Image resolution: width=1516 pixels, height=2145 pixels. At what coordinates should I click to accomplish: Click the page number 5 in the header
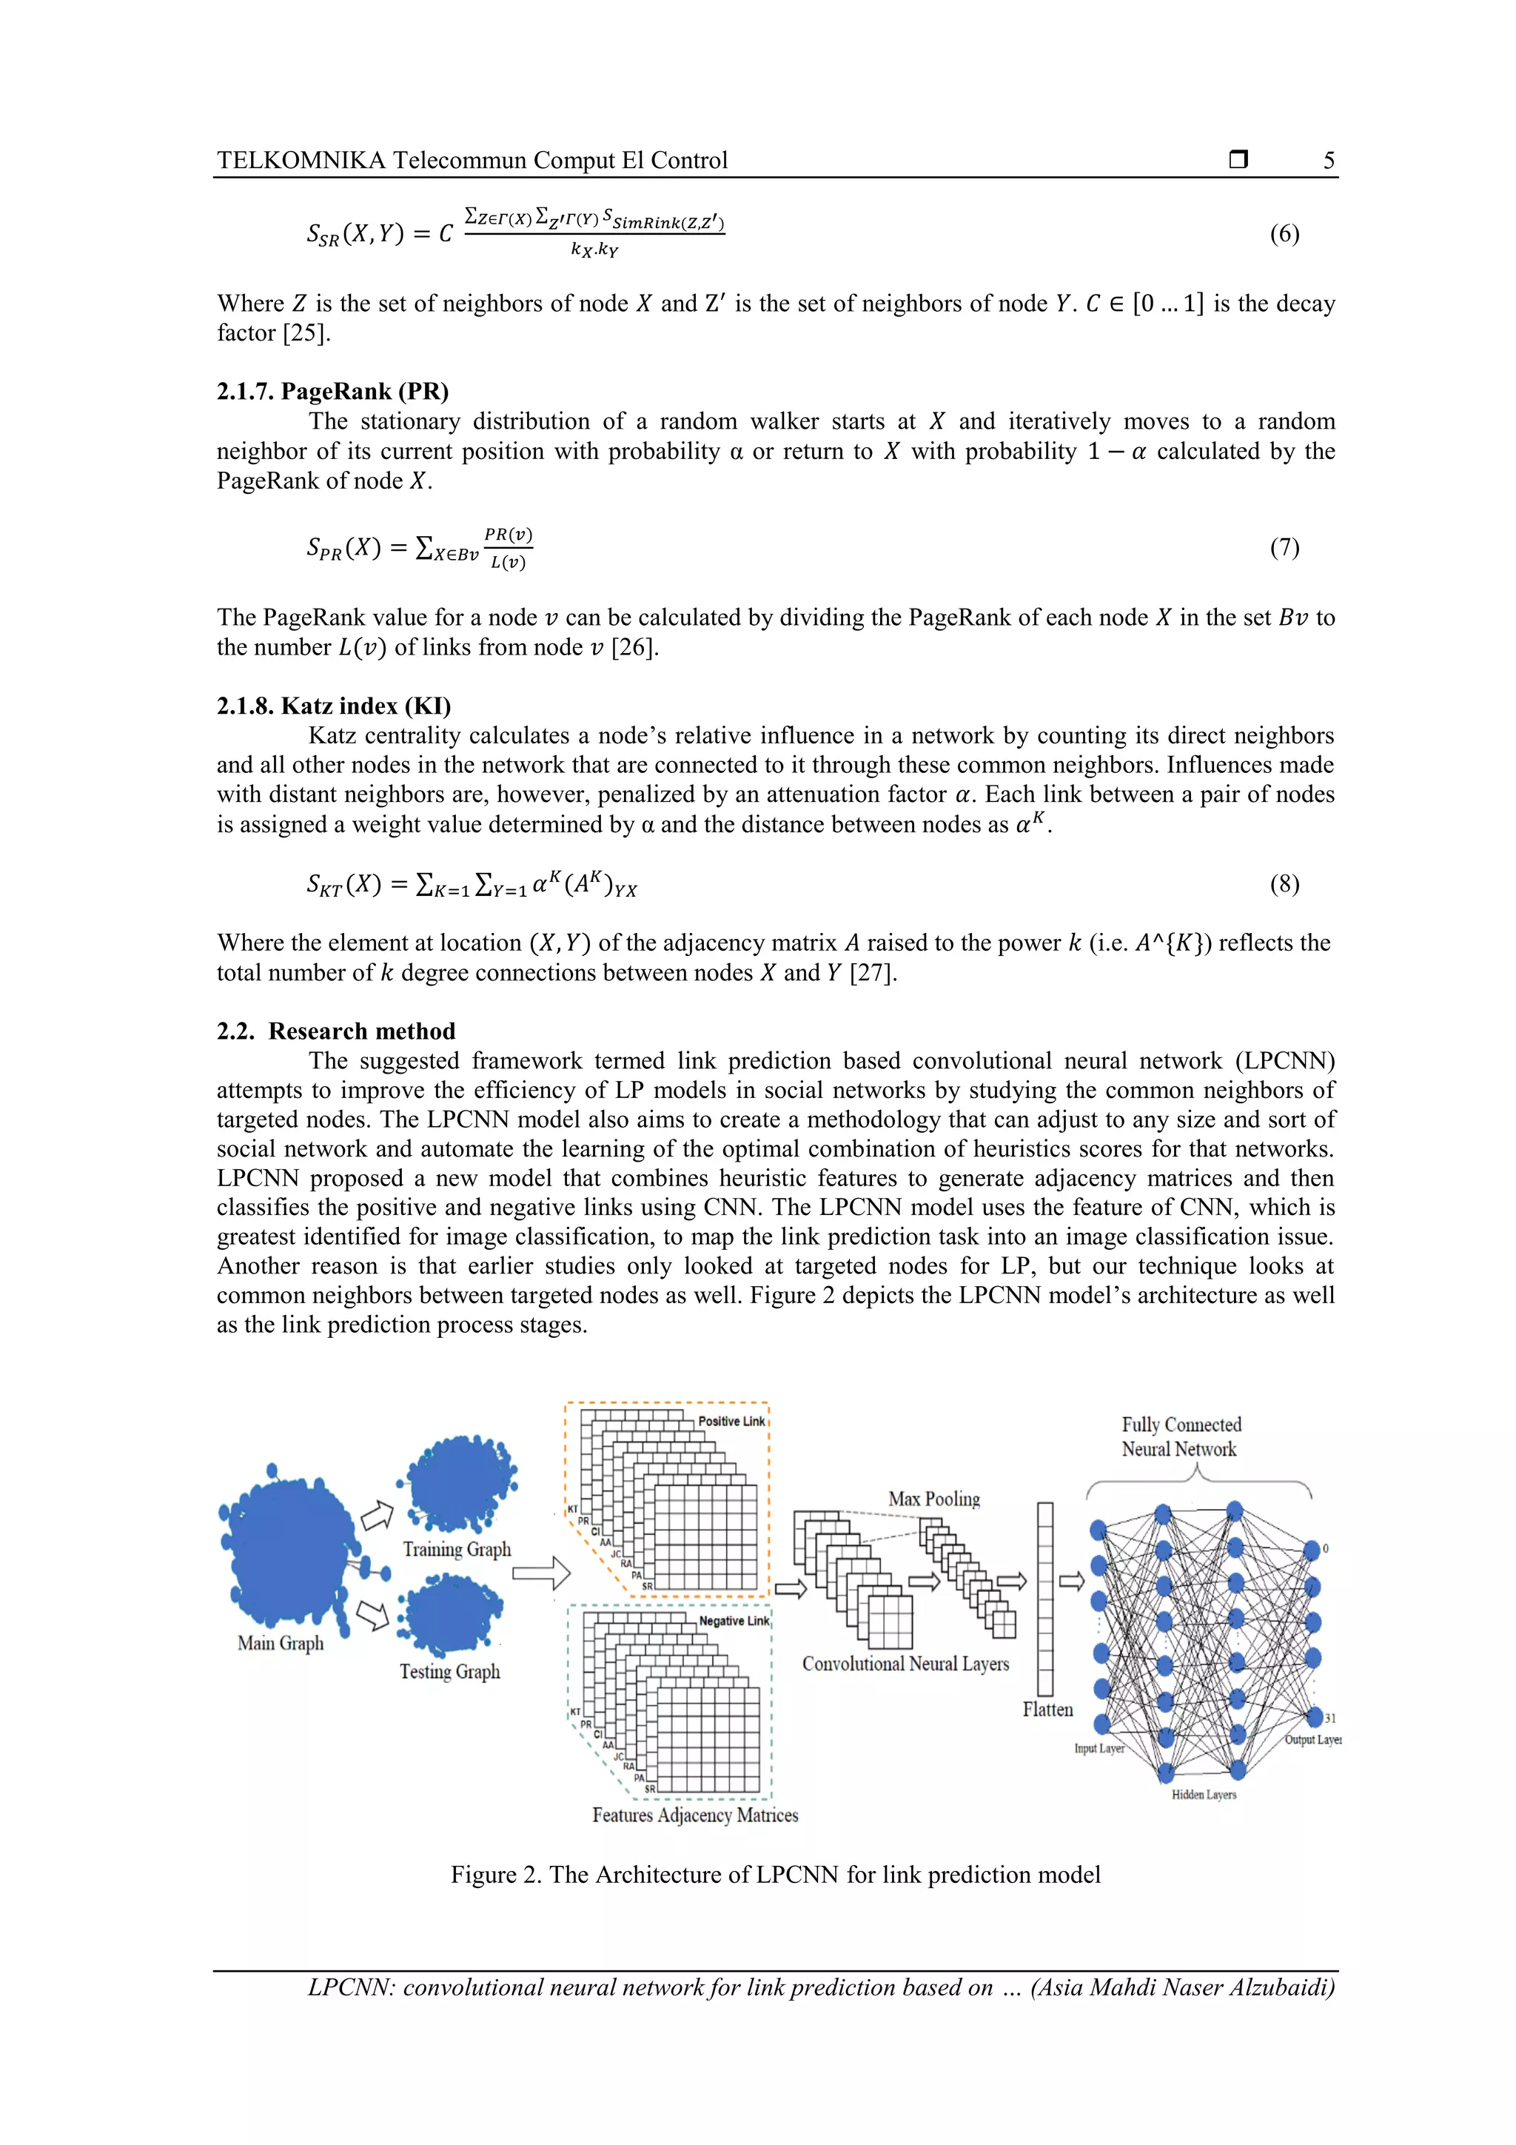pos(1328,161)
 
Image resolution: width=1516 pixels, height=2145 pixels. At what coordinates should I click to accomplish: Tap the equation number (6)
pos(1284,233)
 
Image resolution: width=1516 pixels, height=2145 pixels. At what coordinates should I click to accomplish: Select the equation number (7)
pos(1284,547)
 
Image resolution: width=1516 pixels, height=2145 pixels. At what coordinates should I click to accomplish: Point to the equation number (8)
pos(1284,884)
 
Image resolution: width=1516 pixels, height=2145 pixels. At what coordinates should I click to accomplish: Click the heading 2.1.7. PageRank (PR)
pos(332,392)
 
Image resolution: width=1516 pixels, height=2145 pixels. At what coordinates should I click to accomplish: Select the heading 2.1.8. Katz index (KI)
pos(333,706)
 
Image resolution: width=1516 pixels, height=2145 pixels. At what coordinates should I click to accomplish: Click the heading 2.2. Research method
pos(336,1031)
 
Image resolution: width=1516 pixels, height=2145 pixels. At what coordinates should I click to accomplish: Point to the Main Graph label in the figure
pos(281,1643)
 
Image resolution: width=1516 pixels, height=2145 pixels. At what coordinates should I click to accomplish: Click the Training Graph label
pos(457,1549)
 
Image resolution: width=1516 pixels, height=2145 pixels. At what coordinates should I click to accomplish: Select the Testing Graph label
pos(449,1671)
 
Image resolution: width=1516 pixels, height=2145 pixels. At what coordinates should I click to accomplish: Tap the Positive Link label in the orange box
pos(731,1421)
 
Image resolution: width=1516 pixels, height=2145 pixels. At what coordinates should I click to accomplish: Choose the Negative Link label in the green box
pos(734,1621)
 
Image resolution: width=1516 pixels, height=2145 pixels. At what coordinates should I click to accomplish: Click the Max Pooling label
pos(934,1499)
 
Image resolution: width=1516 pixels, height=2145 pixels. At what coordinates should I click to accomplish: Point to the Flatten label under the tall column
pos(1047,1710)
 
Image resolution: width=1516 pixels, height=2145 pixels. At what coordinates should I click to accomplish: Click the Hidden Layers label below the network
pos(1204,1795)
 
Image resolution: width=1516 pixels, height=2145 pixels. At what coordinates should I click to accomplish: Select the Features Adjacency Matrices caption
pos(695,1816)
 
